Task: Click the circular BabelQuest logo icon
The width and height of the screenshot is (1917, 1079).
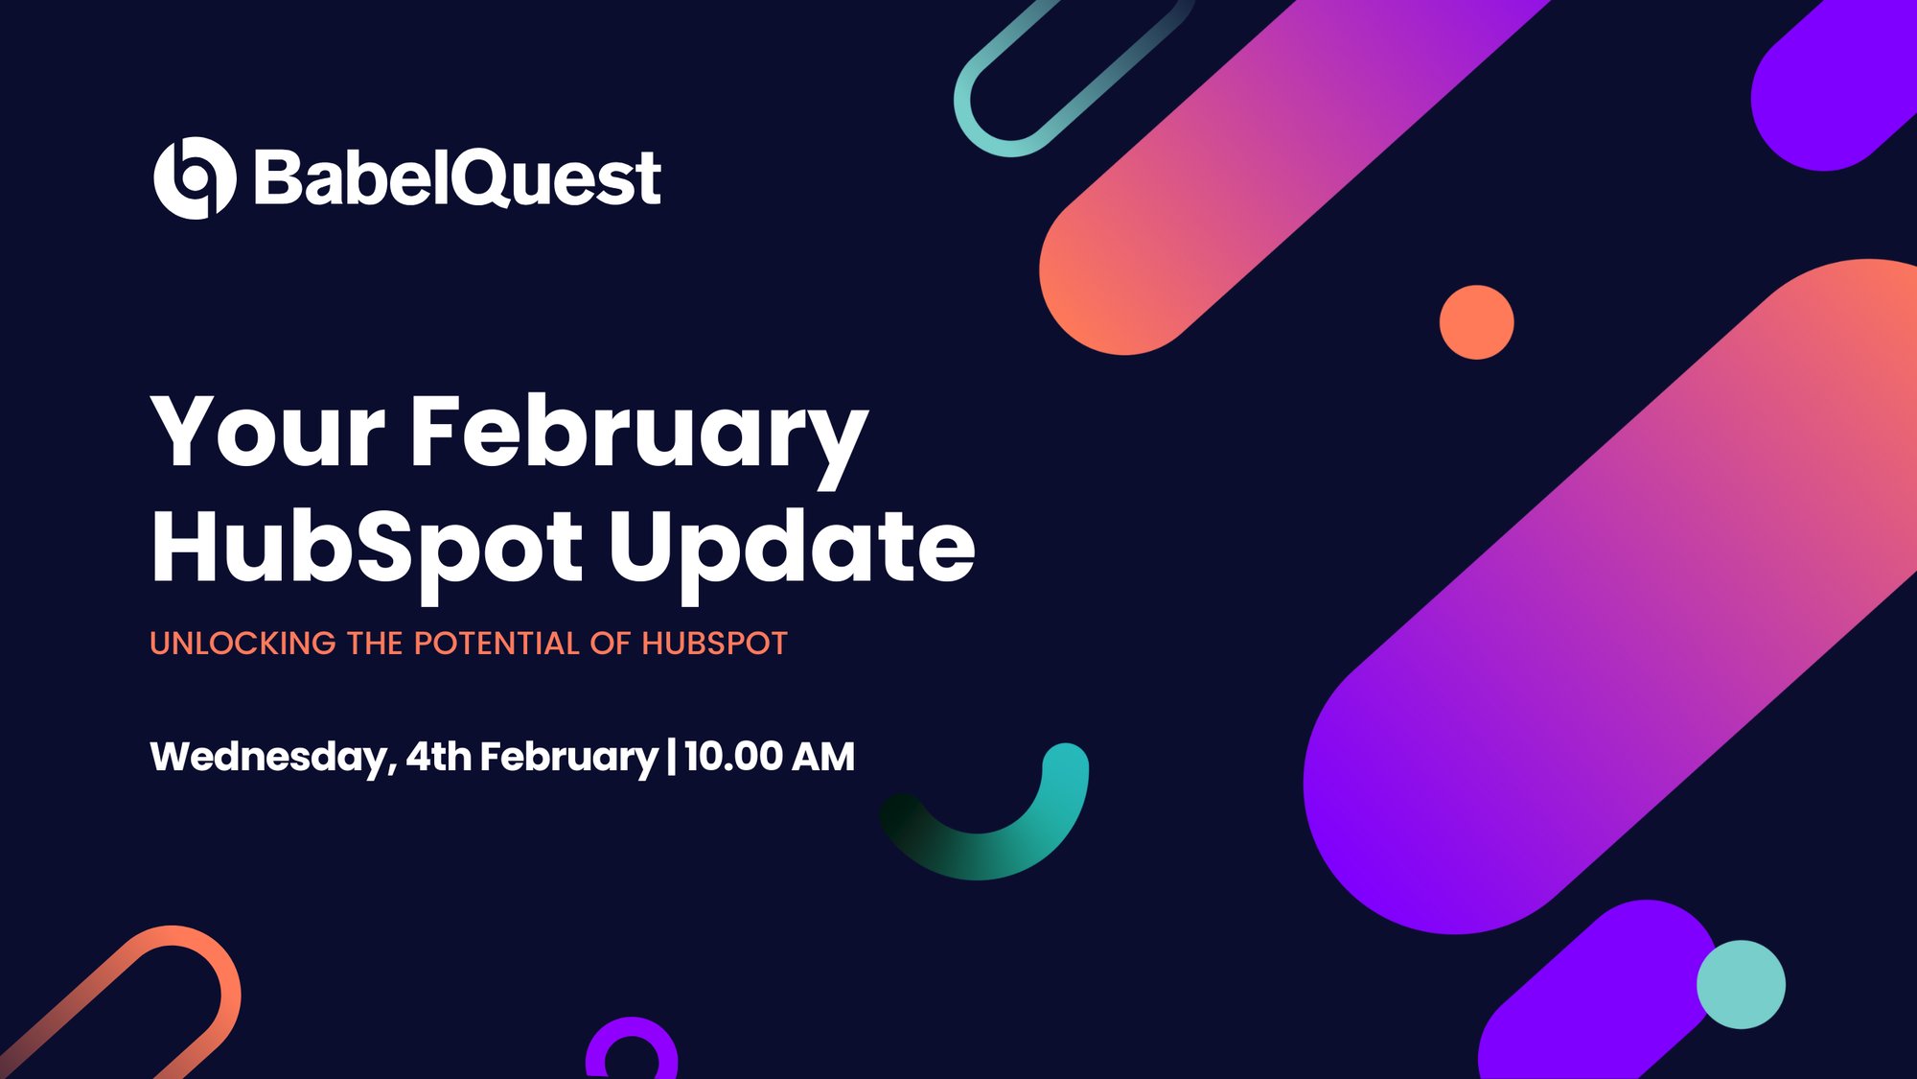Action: pyautogui.click(x=195, y=178)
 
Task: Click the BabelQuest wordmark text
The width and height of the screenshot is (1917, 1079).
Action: pyautogui.click(x=457, y=178)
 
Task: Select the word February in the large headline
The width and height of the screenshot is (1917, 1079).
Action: pyautogui.click(x=639, y=436)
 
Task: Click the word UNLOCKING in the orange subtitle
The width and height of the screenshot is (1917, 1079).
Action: pyautogui.click(x=243, y=644)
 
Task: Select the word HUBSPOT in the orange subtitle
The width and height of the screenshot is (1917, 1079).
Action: pyautogui.click(x=714, y=644)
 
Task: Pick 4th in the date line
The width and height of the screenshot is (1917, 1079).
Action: pyautogui.click(x=438, y=757)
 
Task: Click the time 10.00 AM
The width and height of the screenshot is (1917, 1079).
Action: pyautogui.click(x=770, y=757)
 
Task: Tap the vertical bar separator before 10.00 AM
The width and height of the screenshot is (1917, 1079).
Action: pyautogui.click(x=671, y=757)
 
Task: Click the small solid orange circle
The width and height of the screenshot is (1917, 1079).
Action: pyautogui.click(x=1476, y=322)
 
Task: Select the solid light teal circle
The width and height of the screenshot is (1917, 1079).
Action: pyautogui.click(x=1741, y=985)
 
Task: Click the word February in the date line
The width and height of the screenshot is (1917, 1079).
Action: pyautogui.click(x=568, y=758)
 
